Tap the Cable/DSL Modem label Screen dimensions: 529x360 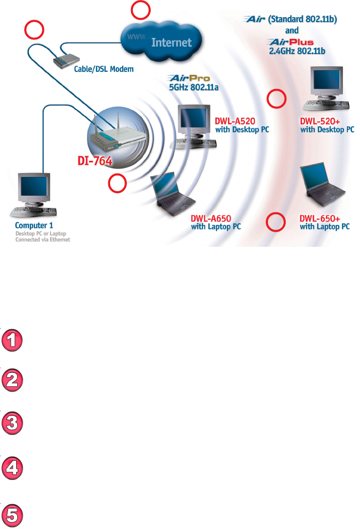104,69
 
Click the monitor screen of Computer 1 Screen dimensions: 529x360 34,187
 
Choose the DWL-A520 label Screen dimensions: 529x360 234,121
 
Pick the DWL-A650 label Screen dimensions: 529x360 211,218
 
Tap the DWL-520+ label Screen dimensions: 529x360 319,121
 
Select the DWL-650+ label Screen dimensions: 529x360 319,218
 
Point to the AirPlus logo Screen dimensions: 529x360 291,42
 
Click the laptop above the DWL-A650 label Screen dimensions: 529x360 170,193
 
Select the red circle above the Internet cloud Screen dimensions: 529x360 141,11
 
